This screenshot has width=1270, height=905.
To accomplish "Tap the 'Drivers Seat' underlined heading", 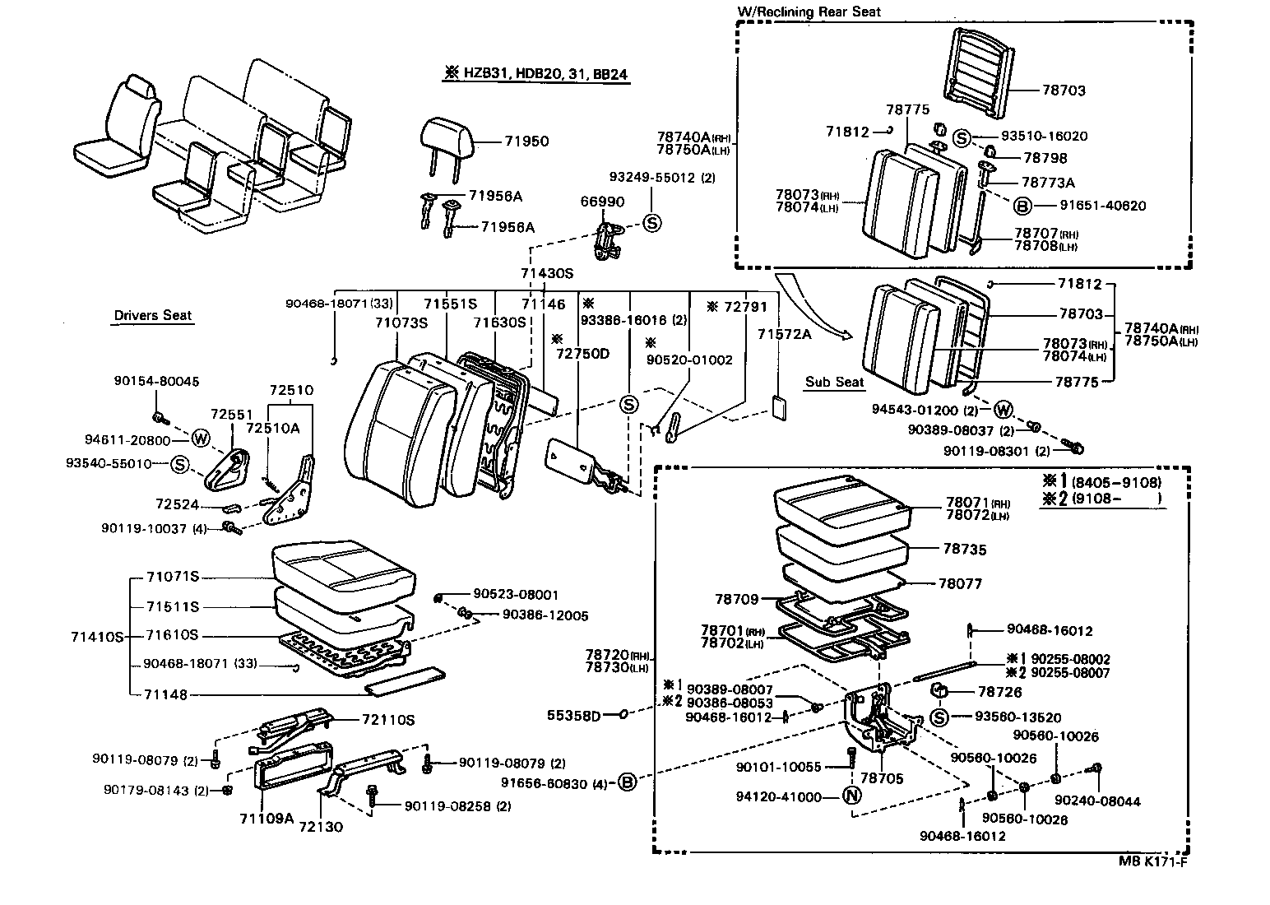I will [x=152, y=316].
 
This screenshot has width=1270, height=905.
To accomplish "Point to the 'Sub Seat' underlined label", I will [x=834, y=382].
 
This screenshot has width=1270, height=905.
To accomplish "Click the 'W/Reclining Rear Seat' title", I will [x=809, y=12].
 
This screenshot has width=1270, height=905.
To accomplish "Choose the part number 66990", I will [x=602, y=202].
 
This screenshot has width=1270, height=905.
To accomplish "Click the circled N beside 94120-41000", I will [x=851, y=796].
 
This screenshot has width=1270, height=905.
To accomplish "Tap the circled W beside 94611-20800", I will [x=201, y=440].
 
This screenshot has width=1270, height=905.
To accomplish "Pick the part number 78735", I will [x=965, y=550].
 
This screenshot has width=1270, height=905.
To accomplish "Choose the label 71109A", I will [x=267, y=818].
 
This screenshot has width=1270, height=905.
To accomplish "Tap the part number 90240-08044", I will [x=1097, y=801].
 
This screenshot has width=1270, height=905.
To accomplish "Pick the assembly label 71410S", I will [x=97, y=637].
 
